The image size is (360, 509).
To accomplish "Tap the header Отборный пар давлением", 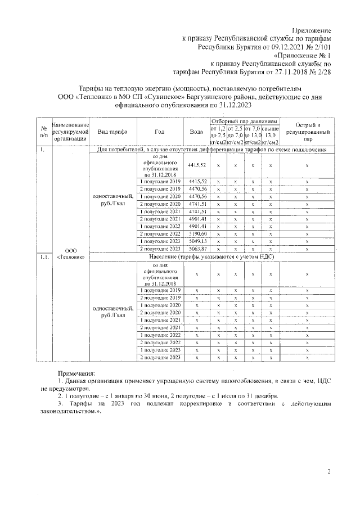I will pyautogui.click(x=245, y=121).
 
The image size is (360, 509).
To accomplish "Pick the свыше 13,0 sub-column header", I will pyautogui.click(x=271, y=135).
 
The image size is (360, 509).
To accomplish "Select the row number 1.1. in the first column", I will pyautogui.click(x=43, y=256).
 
